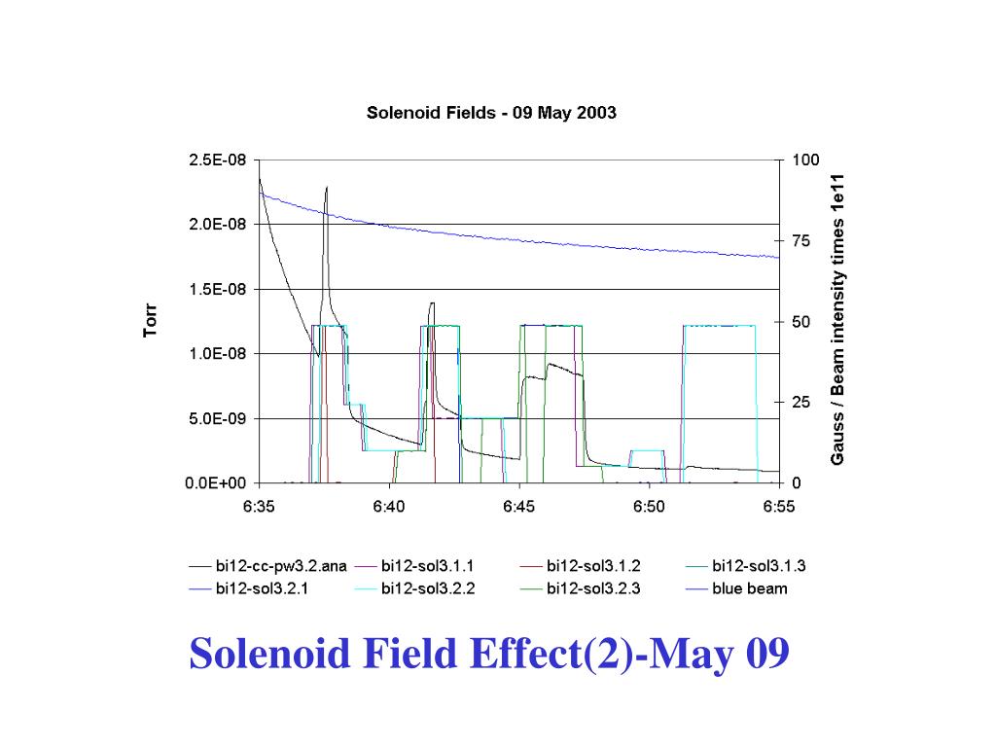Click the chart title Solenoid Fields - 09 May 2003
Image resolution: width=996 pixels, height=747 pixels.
coord(491,112)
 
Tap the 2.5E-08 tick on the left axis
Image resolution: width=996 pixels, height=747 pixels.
coord(218,160)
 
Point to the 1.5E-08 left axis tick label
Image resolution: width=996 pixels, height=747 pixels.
coord(218,290)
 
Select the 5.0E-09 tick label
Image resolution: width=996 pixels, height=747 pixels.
coord(218,419)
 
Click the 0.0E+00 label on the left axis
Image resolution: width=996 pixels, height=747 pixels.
coord(218,483)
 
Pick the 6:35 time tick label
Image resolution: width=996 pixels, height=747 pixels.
coord(259,506)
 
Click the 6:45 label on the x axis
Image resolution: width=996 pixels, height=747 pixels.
coord(519,506)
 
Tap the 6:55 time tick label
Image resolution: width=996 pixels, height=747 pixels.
coord(779,506)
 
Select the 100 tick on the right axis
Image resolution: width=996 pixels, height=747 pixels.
coord(805,160)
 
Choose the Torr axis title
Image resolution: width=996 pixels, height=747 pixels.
coord(150,321)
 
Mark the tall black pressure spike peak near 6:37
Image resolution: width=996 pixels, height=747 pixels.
coord(327,188)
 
